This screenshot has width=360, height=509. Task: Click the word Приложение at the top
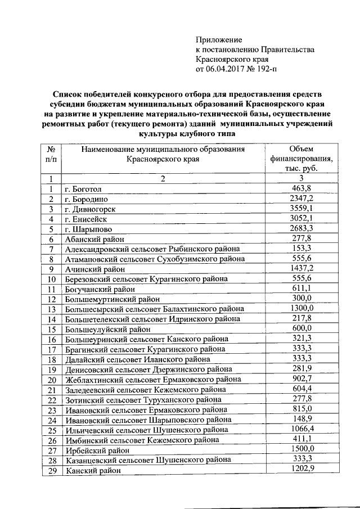[x=218, y=40]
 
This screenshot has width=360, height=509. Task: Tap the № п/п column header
[x=51, y=154]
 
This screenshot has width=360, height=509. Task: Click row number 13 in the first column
[x=51, y=309]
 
